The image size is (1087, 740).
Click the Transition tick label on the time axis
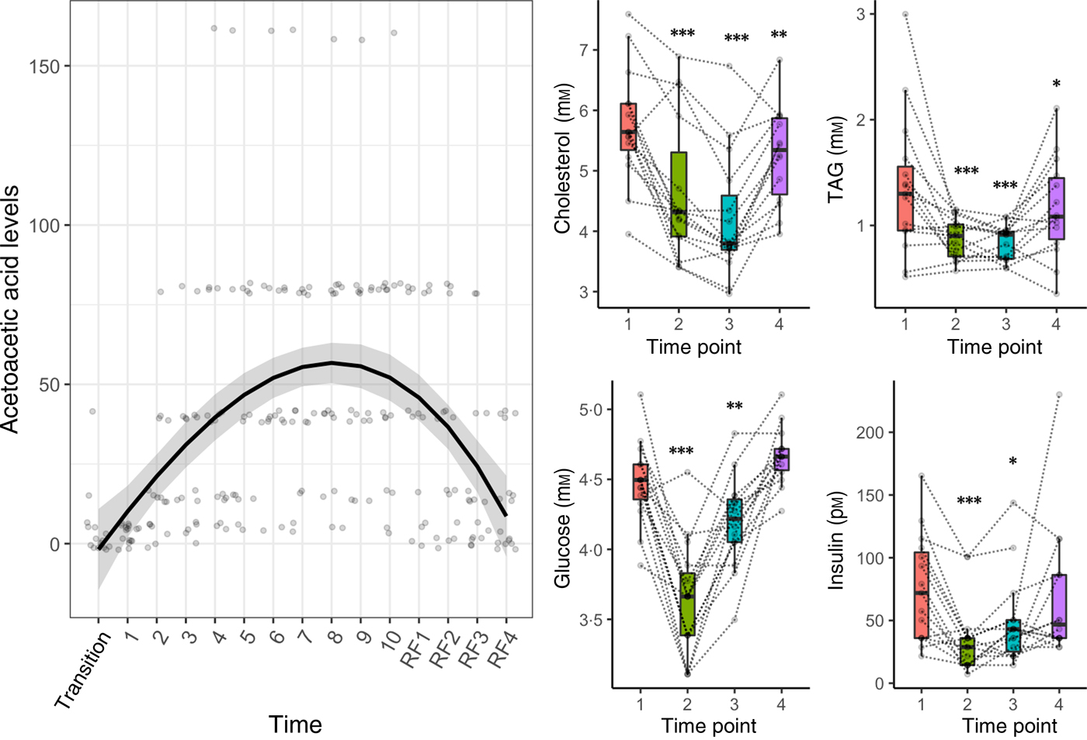pyautogui.click(x=83, y=670)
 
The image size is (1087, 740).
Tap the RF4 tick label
pyautogui.click(x=502, y=650)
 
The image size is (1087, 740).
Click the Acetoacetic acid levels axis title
pyautogui.click(x=10, y=309)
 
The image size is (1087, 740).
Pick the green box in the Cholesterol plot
pyautogui.click(x=679, y=194)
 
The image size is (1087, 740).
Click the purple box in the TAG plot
pyautogui.click(x=1056, y=208)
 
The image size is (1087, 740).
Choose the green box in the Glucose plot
pyautogui.click(x=687, y=604)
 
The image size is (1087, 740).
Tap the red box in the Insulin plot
pyautogui.click(x=921, y=594)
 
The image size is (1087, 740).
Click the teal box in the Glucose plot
pyautogui.click(x=734, y=520)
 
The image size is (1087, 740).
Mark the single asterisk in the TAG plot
pyautogui.click(x=1056, y=85)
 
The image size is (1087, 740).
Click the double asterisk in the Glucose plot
pyautogui.click(x=735, y=406)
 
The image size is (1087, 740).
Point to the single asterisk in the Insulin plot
pyautogui.click(x=1012, y=462)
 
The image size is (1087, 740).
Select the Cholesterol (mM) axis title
pyautogui.click(x=563, y=157)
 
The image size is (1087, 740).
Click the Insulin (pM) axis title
pyautogui.click(x=836, y=540)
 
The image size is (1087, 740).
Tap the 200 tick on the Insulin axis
pyautogui.click(x=870, y=432)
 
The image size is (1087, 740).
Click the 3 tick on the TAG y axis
pyautogui.click(x=860, y=14)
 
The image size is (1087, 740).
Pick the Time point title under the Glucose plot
pyautogui.click(x=708, y=726)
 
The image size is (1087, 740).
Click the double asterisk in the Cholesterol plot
pyautogui.click(x=779, y=35)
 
